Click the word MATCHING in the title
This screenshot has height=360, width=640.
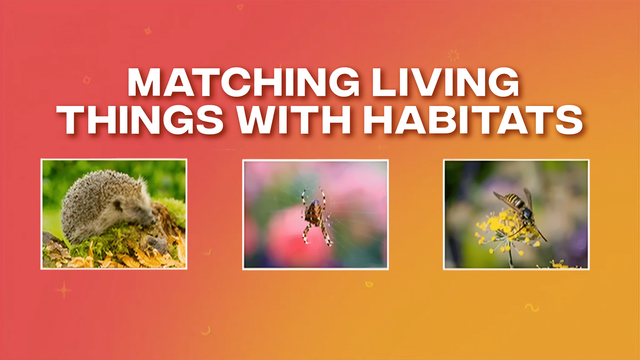(243, 82)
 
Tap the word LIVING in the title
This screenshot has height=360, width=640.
(445, 82)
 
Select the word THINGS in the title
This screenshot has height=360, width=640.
(140, 120)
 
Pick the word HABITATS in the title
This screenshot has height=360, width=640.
(473, 120)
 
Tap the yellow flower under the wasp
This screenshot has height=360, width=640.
(500, 227)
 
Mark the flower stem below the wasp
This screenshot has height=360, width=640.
(510, 257)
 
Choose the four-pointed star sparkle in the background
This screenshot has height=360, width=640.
(64, 290)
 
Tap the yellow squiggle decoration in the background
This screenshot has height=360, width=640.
(532, 307)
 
